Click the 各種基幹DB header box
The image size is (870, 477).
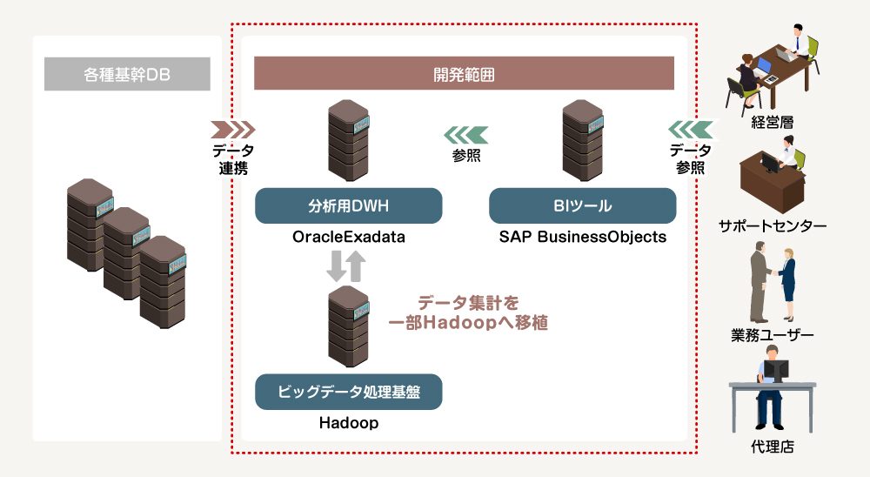point(127,74)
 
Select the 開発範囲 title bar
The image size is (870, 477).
point(464,73)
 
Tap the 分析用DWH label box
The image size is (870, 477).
point(349,206)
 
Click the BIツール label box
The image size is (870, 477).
point(583,206)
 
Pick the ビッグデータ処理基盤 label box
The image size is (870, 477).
point(349,392)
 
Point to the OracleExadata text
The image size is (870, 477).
point(349,237)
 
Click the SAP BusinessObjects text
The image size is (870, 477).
point(583,237)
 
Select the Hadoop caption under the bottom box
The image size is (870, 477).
point(349,423)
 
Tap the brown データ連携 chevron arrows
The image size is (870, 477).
point(233,130)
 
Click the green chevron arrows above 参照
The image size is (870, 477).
point(466,135)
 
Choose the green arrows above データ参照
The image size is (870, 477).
point(691,130)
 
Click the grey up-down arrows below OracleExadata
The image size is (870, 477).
point(346,266)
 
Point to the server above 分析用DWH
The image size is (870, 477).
point(349,140)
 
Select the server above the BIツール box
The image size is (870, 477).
point(583,140)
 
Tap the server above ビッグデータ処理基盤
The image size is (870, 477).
point(349,326)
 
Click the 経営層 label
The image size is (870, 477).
point(773,122)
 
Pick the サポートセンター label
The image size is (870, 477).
point(773,226)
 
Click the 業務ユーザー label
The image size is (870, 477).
point(773,335)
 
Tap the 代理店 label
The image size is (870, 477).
point(773,447)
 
